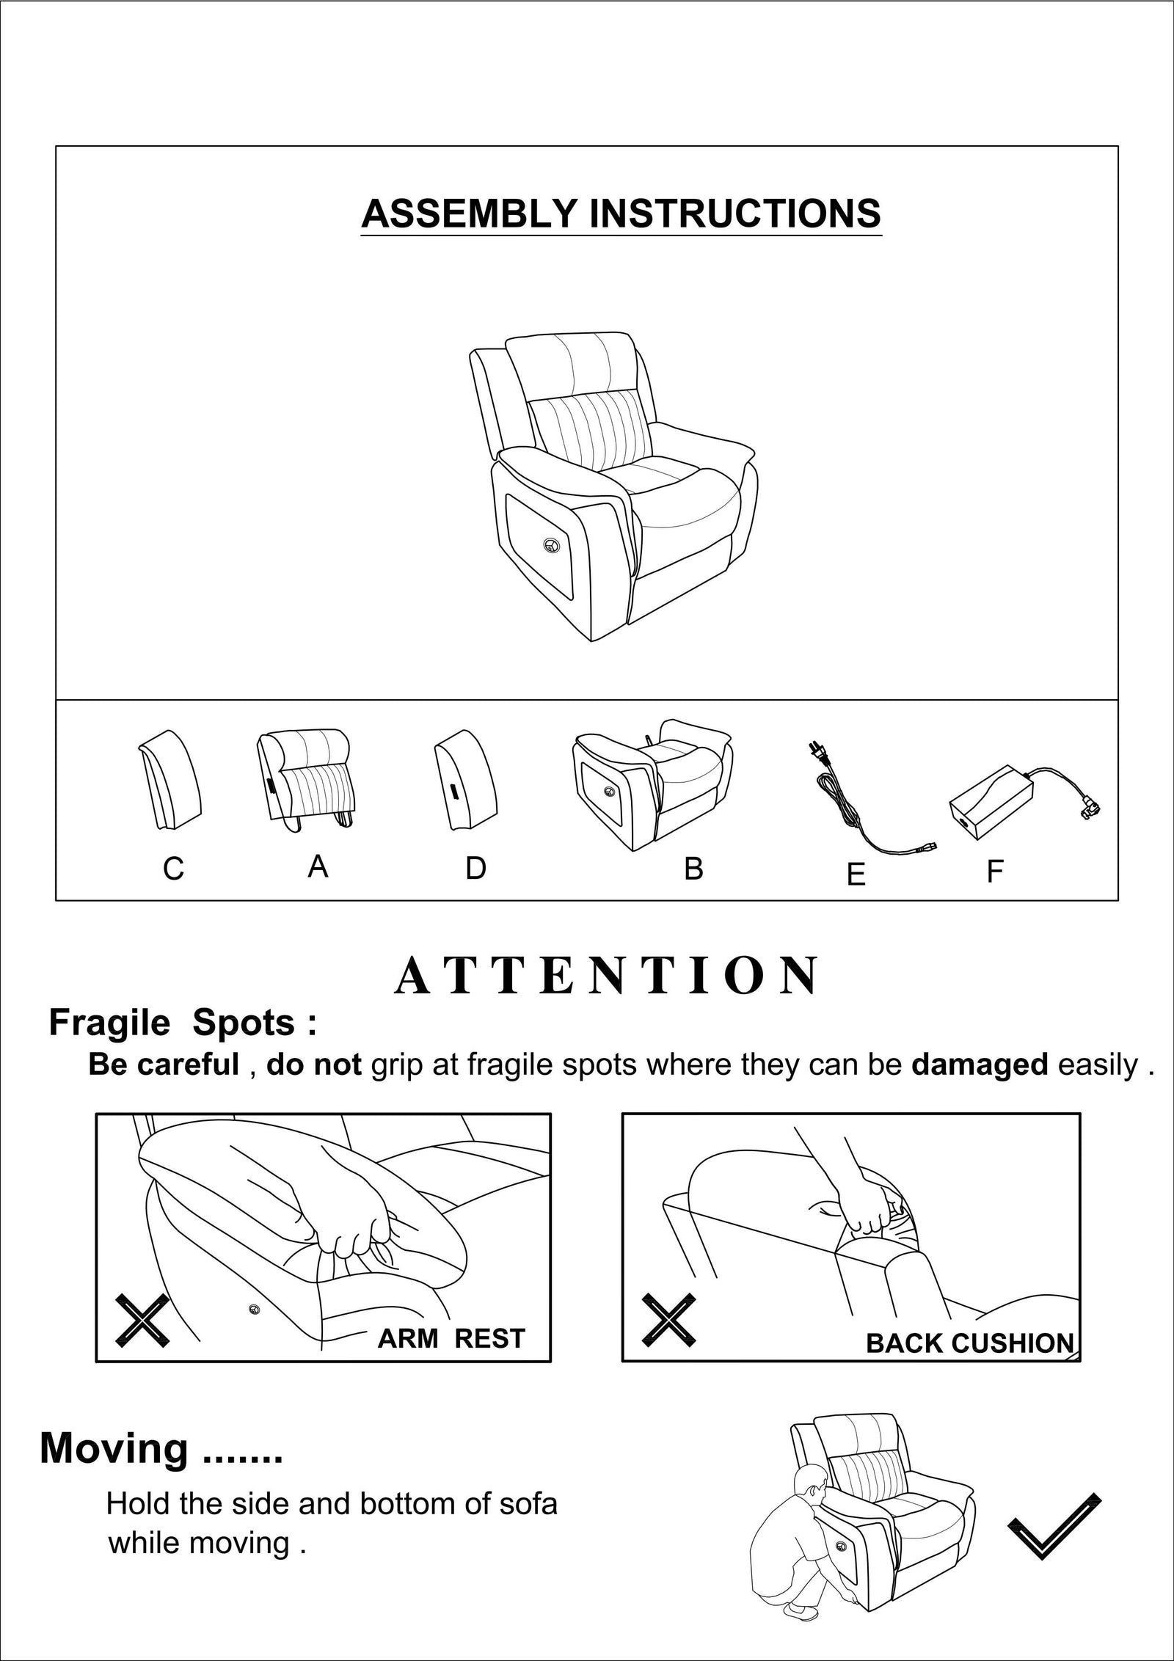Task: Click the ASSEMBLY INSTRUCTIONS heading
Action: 621,214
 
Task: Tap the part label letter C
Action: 173,869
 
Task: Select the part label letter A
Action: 317,867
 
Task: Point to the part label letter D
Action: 475,869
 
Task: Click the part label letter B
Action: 693,869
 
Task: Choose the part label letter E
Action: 856,875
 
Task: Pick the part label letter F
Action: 994,872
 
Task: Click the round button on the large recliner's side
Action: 551,544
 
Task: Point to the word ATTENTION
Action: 607,976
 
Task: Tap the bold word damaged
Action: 979,1065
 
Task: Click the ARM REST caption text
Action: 451,1339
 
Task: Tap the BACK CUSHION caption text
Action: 969,1343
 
